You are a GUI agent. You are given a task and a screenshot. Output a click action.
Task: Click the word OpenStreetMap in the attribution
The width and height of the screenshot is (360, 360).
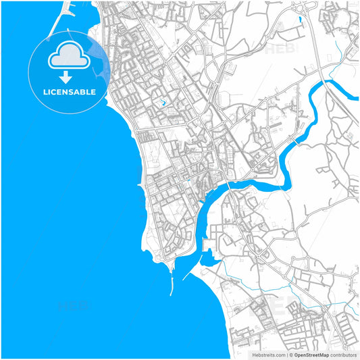[x=311, y=354]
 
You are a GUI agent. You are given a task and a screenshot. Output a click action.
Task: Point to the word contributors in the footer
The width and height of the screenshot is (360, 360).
[x=343, y=354]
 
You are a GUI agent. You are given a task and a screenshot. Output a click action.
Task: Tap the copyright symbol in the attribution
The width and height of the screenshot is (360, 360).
[x=290, y=354]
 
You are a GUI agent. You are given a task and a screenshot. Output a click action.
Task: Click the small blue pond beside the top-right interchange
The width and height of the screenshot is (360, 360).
[x=299, y=19]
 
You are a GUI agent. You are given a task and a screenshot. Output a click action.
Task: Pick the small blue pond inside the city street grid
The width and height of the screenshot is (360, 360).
[x=163, y=103]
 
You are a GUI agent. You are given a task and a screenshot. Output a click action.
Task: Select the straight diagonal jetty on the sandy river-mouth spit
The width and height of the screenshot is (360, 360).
[x=192, y=268]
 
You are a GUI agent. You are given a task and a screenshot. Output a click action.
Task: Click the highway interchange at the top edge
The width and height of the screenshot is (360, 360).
[x=301, y=7]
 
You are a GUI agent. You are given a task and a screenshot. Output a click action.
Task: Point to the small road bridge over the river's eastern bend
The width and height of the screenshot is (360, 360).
[x=295, y=143]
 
